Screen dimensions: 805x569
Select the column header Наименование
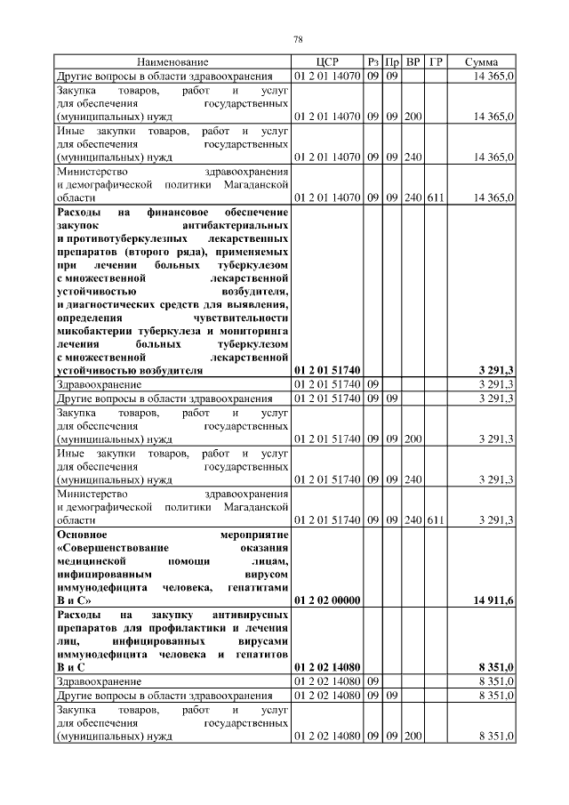(x=172, y=62)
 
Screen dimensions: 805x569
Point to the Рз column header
(x=373, y=62)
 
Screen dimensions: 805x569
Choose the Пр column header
(x=392, y=62)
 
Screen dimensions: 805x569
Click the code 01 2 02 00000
(x=326, y=600)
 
